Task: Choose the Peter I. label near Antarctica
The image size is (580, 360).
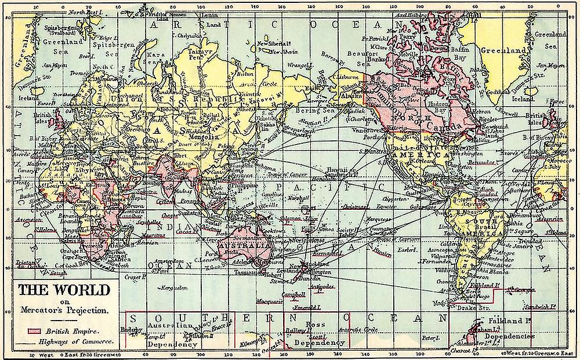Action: click(x=429, y=337)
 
